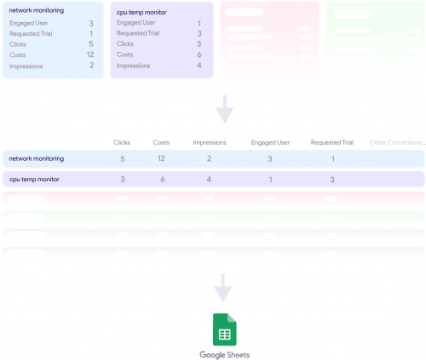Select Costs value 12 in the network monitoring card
pos(89,54)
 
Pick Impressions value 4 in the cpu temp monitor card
pos(199,65)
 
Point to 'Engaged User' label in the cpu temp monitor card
pos(135,23)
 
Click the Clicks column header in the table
pos(123,142)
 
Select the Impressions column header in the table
pos(209,142)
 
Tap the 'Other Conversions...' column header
pos(396,142)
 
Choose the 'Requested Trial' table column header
pos(331,142)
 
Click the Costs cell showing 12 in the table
pos(160,158)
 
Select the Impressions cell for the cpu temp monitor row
pos(209,180)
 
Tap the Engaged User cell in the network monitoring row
pos(269,158)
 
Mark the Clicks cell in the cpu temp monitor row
pos(123,180)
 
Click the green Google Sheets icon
pos(223,329)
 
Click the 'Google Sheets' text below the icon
pos(225,354)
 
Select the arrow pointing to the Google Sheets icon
pos(223,288)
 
